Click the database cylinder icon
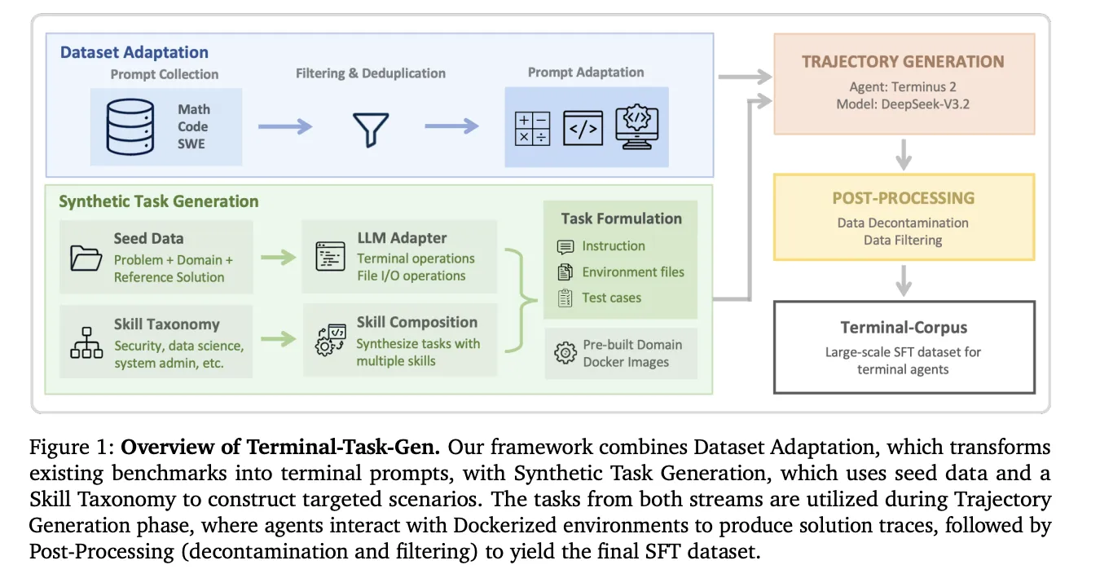click(130, 127)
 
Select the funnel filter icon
click(370, 129)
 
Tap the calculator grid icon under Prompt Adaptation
click(533, 129)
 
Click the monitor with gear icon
click(636, 126)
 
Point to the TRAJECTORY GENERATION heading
click(902, 62)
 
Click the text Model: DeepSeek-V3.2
click(902, 104)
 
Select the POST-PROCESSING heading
click(903, 198)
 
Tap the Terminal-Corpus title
click(904, 328)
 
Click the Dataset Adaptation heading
click(134, 52)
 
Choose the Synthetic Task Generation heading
click(158, 201)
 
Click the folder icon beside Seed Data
click(86, 258)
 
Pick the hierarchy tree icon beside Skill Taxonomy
click(86, 343)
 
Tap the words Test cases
click(611, 298)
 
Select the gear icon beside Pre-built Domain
click(565, 353)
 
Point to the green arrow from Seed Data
click(278, 258)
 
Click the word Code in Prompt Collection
click(193, 126)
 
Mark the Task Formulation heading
click(621, 218)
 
